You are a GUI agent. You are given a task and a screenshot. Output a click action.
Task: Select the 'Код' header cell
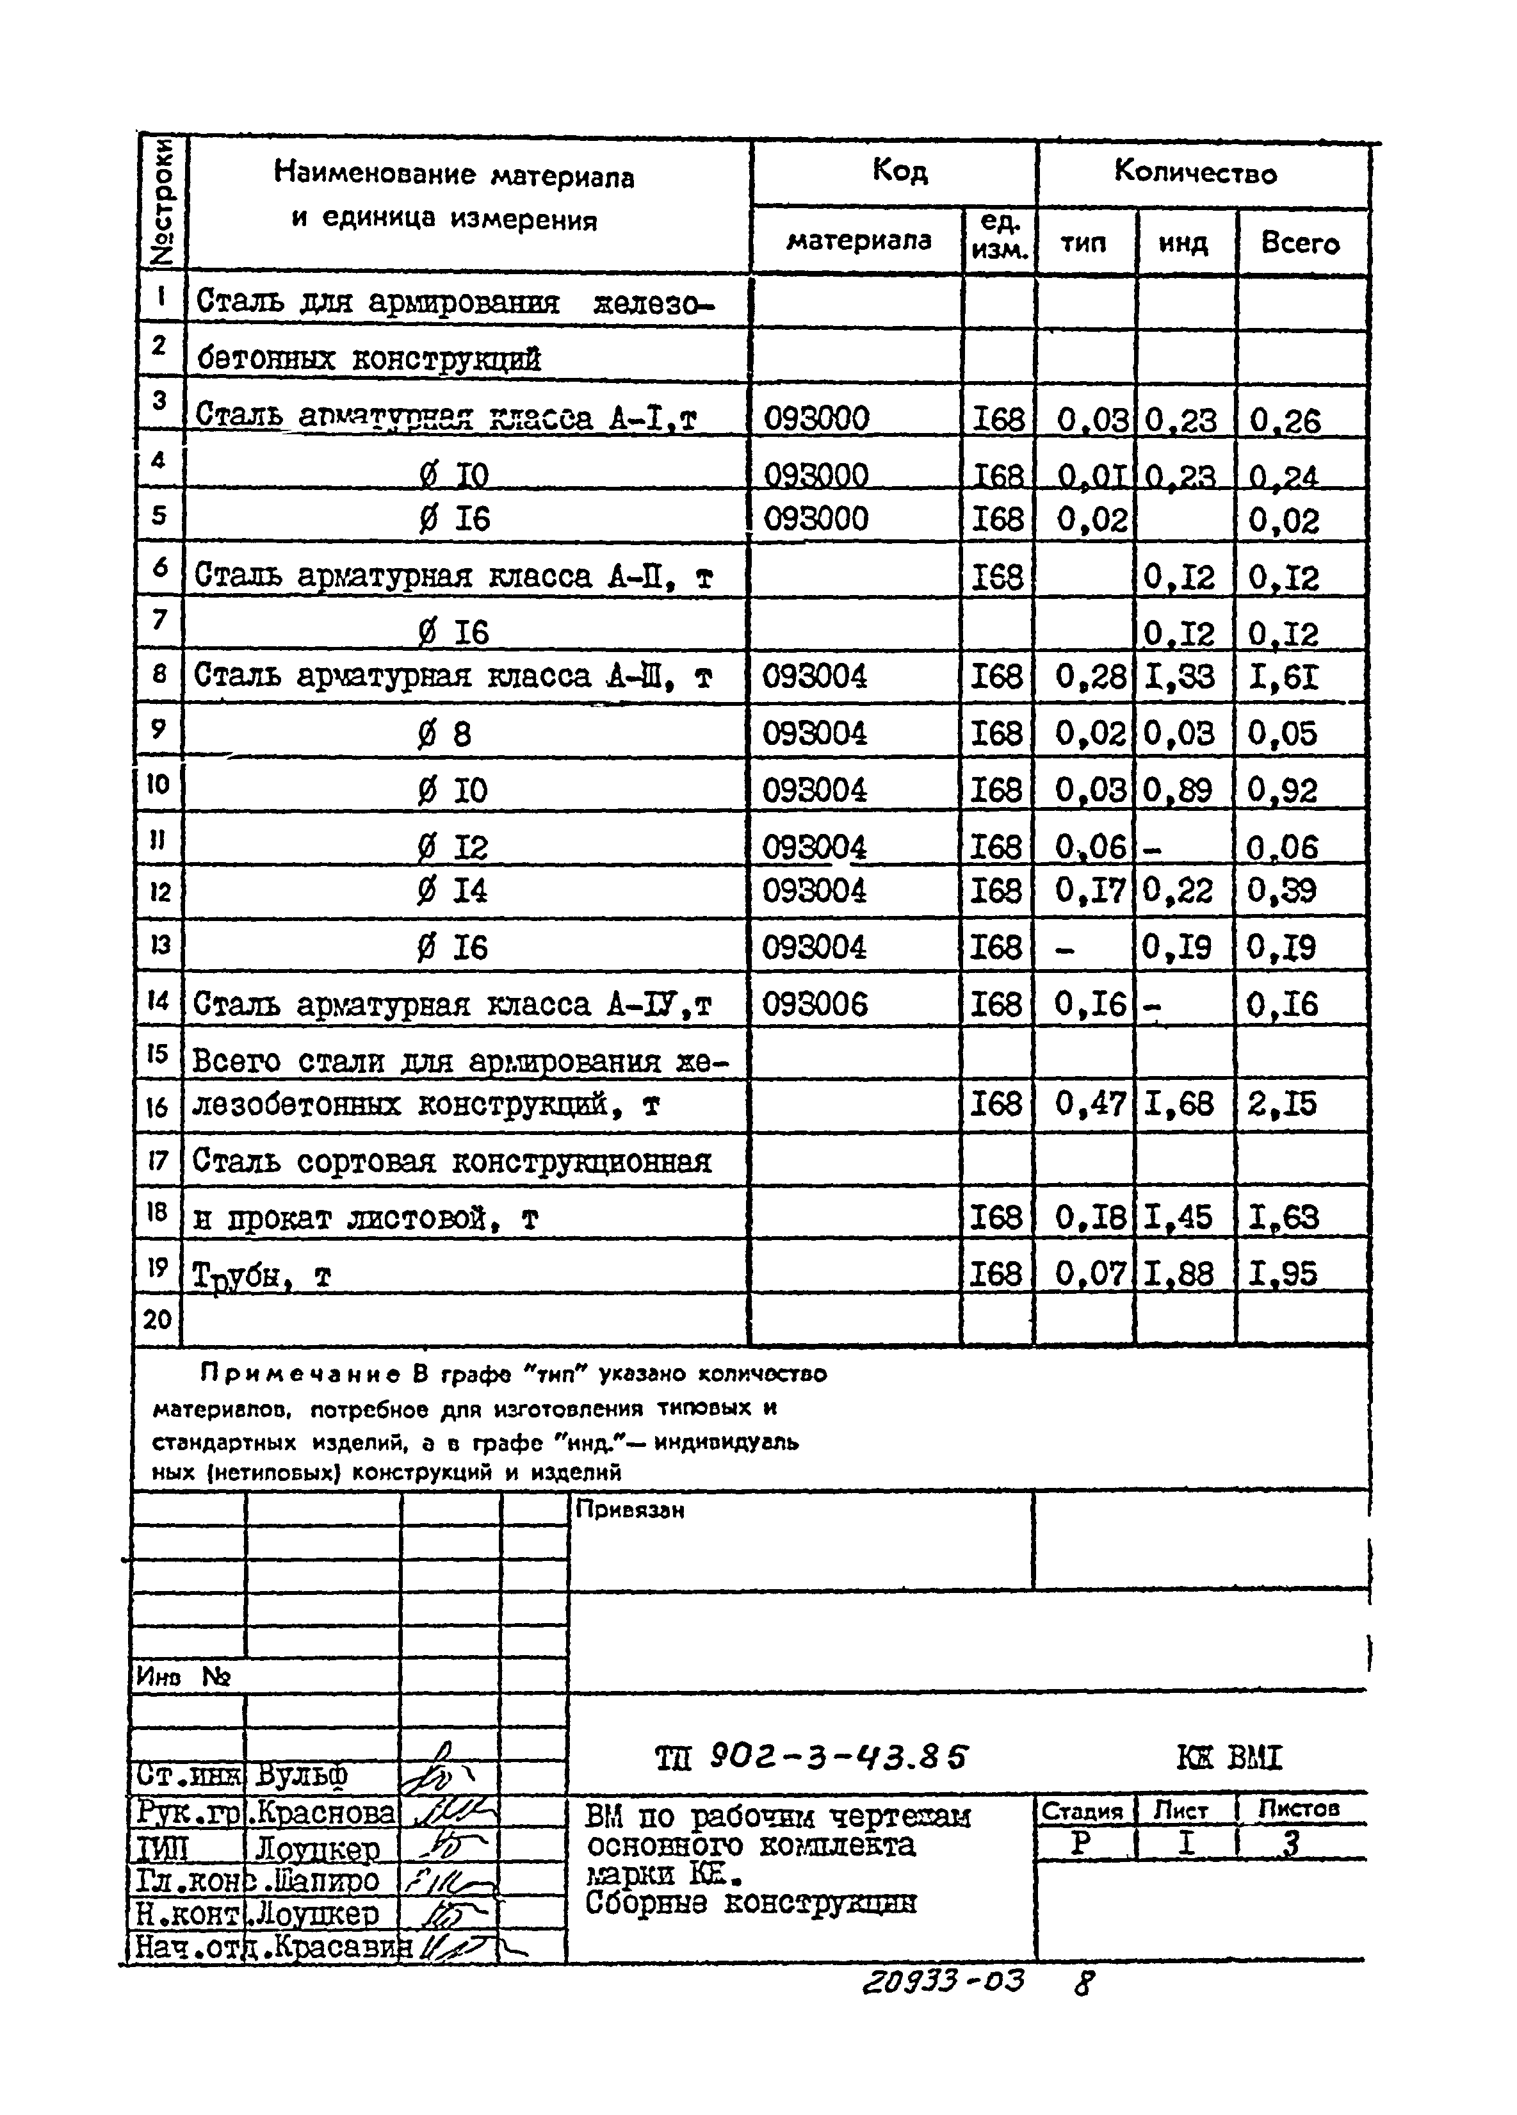899,172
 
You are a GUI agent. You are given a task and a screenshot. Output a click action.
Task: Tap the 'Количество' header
1196,172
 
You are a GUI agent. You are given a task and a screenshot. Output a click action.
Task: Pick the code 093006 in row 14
815,1004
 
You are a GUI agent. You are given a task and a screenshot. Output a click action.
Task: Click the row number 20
157,1319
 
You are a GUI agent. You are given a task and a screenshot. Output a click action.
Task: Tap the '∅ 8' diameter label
444,735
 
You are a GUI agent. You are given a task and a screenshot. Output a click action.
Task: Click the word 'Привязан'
629,1510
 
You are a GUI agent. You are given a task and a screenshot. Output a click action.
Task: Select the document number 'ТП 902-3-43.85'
811,1758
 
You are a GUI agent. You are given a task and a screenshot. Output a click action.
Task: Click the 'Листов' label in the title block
1298,1809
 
